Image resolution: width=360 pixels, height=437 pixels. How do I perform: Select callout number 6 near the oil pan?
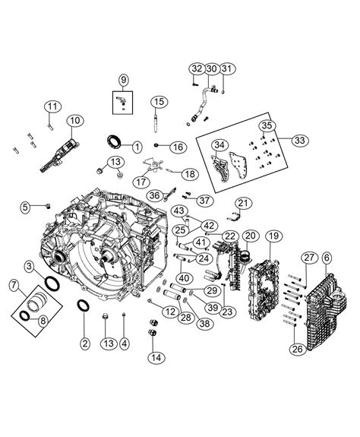point(327,259)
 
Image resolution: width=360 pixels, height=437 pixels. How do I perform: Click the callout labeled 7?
point(14,286)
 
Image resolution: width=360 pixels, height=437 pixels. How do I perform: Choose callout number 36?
point(155,195)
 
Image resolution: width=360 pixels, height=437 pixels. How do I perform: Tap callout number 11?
point(52,106)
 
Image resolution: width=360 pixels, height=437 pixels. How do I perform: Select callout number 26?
point(297,350)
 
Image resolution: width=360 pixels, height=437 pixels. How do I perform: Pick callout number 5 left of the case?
point(24,206)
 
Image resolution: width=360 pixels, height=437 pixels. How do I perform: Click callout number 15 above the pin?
point(158,102)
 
